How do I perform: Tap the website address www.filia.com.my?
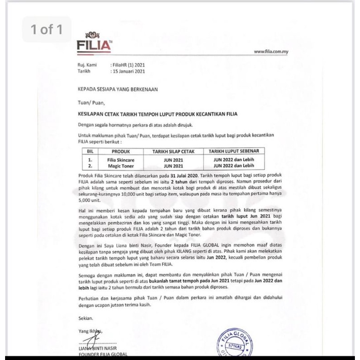pos(271,51)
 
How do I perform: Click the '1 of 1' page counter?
pos(46,30)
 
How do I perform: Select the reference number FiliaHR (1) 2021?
pos(128,65)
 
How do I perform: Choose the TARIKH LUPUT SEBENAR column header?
pos(236,151)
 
